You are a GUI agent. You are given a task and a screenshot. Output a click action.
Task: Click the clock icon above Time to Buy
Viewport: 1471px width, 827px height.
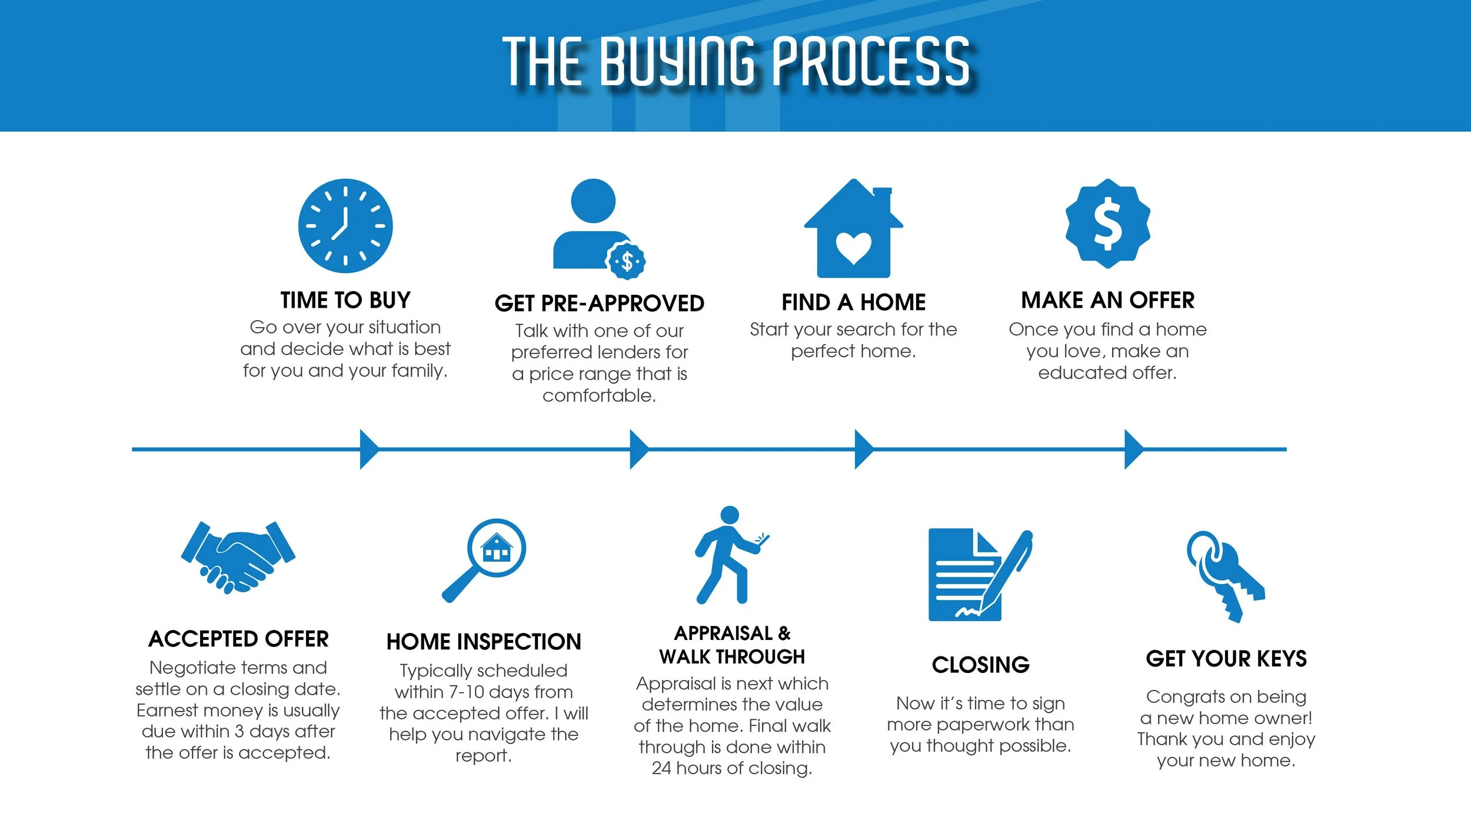coord(345,226)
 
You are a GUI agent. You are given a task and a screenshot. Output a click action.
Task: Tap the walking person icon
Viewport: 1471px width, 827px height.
coord(730,555)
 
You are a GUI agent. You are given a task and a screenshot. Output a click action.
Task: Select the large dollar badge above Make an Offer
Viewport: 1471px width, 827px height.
coord(1108,224)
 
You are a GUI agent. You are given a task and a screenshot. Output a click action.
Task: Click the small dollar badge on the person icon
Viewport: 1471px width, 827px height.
coord(627,261)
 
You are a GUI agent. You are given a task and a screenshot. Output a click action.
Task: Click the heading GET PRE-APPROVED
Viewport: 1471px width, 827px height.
coord(599,304)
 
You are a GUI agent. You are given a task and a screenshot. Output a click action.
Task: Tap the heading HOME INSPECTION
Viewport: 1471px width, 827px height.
coord(484,642)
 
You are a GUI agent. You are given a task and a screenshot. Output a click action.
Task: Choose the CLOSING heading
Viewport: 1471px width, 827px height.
coord(980,665)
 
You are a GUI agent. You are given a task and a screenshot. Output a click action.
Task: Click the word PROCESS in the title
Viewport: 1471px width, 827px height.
coord(870,61)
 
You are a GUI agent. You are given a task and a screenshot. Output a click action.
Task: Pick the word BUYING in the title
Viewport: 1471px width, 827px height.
coord(677,61)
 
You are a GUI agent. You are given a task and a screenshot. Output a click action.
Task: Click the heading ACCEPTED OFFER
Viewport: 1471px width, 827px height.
coord(238,639)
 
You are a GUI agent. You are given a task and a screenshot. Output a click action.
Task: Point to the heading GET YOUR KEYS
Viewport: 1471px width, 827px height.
coord(1226,659)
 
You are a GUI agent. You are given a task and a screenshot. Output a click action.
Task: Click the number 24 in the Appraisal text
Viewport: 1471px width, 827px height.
coord(661,768)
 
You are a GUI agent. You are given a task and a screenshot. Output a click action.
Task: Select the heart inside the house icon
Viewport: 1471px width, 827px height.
coord(853,247)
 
